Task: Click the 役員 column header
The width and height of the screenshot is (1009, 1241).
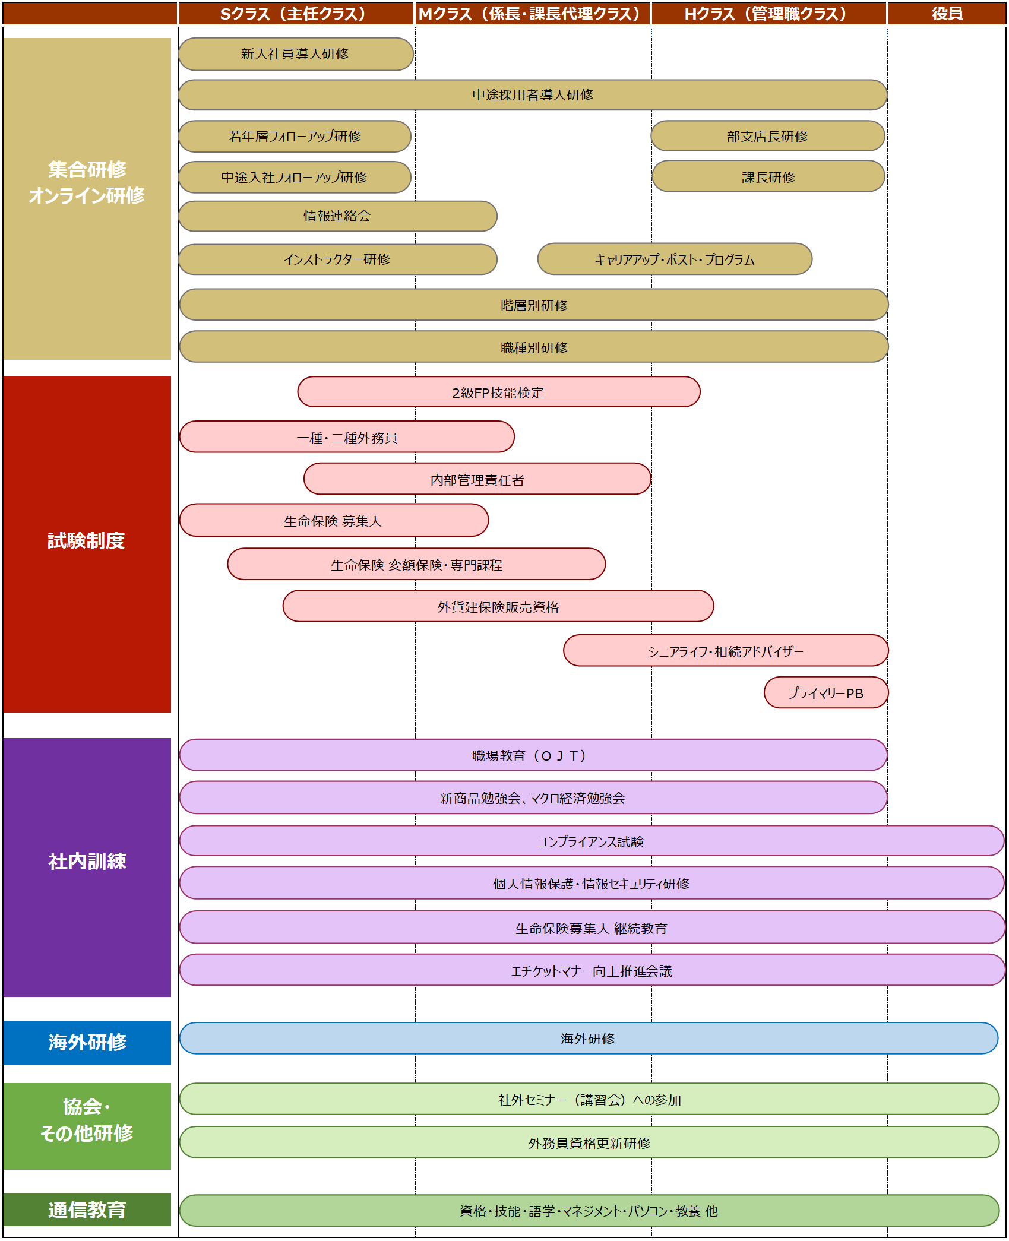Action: point(947,14)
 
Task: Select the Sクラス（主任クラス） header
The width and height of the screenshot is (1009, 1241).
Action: point(295,14)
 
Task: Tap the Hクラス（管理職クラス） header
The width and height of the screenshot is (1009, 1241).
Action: point(768,14)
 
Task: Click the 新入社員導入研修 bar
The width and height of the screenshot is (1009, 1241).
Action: point(295,54)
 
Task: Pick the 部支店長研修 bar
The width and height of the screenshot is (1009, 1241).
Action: point(767,136)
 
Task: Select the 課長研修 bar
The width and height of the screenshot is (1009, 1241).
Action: point(768,177)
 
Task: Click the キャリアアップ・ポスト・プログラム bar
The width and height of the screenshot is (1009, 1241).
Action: point(675,259)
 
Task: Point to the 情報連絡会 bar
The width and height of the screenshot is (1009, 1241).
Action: point(337,216)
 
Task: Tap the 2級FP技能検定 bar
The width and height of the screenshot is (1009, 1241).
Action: point(498,392)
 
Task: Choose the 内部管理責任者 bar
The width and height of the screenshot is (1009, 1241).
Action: point(477,479)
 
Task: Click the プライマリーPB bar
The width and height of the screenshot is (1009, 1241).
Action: point(825,693)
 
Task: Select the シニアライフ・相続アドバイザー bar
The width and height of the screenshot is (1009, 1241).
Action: point(725,651)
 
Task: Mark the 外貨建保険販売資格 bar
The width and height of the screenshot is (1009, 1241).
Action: point(498,606)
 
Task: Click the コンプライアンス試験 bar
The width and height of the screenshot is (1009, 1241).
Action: point(591,841)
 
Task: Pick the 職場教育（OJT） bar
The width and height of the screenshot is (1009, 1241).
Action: point(533,755)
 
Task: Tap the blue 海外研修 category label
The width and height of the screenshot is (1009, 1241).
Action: point(87,1042)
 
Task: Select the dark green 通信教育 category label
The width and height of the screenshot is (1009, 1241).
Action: point(87,1210)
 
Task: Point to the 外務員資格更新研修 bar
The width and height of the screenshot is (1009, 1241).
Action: point(589,1142)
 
